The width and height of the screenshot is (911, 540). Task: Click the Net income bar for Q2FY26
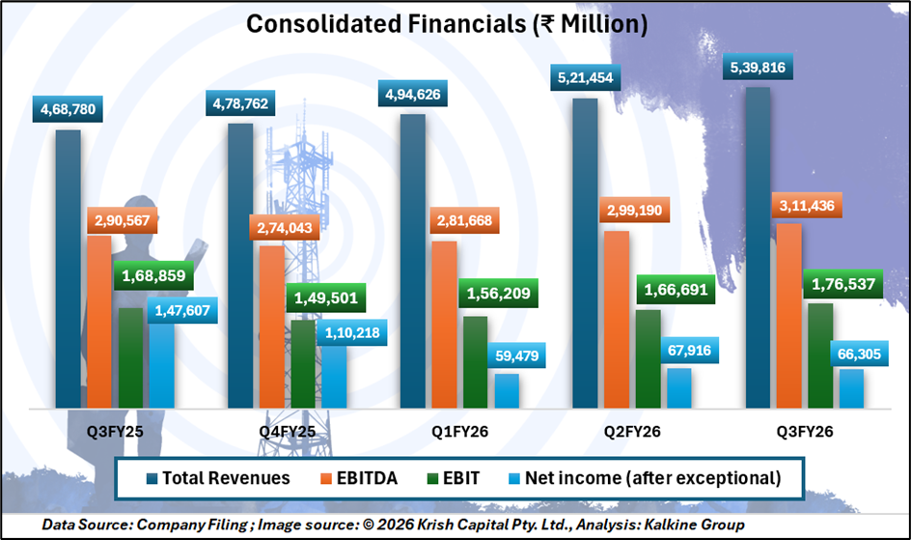point(678,388)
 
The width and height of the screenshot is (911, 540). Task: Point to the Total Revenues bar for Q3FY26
point(758,247)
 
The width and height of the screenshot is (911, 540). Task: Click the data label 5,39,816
point(759,71)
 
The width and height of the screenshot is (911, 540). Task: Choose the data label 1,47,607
point(184,310)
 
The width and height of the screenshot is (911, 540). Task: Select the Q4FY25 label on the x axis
point(287,432)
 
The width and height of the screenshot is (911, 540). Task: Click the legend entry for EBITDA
point(369,478)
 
